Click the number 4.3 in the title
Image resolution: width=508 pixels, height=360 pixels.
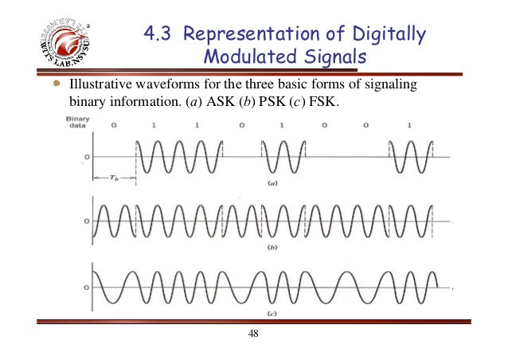tap(161, 34)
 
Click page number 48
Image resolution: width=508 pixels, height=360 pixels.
tap(254, 334)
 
